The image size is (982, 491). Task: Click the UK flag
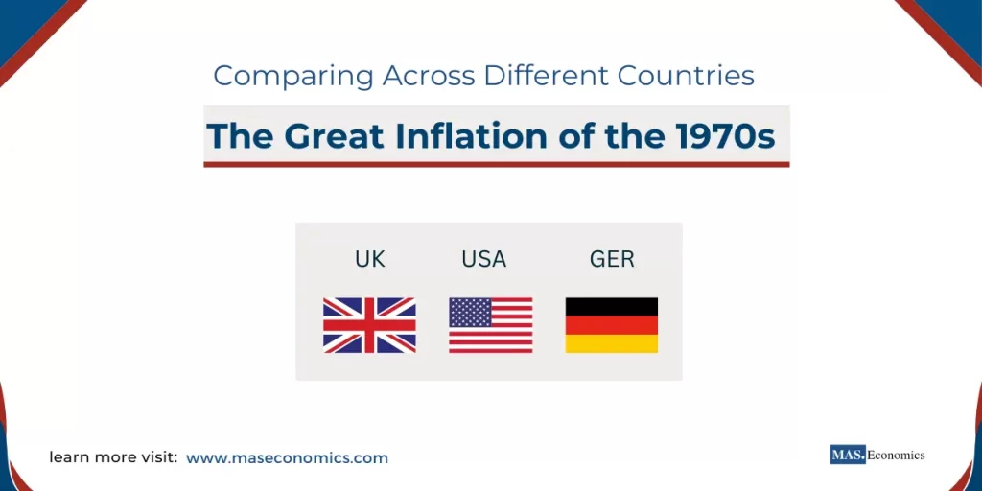[x=369, y=325]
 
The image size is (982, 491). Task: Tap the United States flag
[x=490, y=325]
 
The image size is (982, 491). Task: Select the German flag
[x=611, y=325]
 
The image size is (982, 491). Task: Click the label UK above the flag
[x=369, y=259]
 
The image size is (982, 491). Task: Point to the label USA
[x=483, y=259]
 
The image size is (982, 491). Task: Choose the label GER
[x=612, y=259]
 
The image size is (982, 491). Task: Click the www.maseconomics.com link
[x=287, y=458]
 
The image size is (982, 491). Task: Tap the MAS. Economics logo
[x=877, y=455]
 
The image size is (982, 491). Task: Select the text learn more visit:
[x=113, y=458]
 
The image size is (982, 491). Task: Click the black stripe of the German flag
[x=611, y=307]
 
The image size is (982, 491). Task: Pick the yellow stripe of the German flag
[x=611, y=343]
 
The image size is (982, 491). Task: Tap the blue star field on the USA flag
[x=470, y=312]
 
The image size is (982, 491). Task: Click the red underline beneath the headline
[x=496, y=164]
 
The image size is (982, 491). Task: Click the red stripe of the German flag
[x=611, y=325]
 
